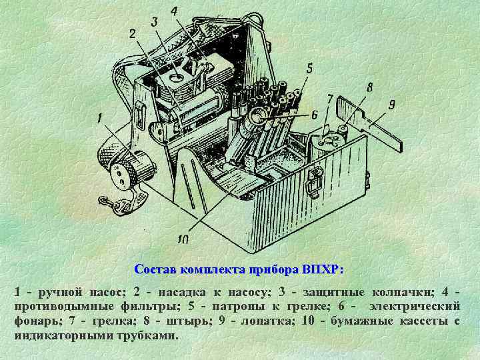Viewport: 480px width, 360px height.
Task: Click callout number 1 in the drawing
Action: tap(100, 119)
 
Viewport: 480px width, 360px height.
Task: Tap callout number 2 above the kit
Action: tap(132, 33)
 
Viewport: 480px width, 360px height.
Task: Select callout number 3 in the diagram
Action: tap(154, 22)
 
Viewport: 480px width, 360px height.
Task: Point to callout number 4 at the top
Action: tap(174, 11)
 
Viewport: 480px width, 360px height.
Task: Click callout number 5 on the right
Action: tap(310, 67)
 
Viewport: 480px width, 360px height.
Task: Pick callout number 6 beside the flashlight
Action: tap(314, 114)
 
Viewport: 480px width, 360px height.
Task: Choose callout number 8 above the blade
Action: tap(369, 87)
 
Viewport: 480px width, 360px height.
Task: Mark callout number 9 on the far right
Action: tap(392, 105)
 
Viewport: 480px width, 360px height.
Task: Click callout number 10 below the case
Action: tap(183, 239)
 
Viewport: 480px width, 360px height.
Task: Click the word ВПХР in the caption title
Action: tap(321, 270)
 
